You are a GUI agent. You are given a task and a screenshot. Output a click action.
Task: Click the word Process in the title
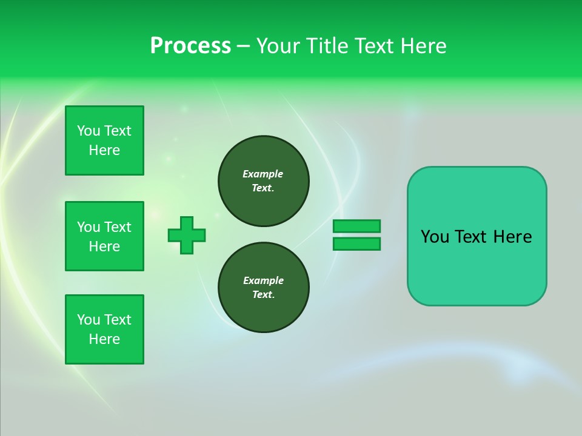[x=190, y=46]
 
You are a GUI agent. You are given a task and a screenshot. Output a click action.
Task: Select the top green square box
[x=104, y=140]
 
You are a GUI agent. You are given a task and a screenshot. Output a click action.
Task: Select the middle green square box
[x=104, y=236]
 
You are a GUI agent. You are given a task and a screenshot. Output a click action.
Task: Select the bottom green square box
[x=104, y=329]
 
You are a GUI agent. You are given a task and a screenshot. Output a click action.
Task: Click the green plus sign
[x=187, y=235]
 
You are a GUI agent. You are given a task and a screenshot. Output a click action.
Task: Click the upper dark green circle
[x=264, y=181]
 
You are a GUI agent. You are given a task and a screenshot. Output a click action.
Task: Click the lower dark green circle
[x=264, y=288]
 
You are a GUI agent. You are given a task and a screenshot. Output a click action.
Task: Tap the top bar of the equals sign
[x=356, y=226]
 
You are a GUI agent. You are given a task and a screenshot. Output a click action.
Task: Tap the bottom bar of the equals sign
[x=356, y=243]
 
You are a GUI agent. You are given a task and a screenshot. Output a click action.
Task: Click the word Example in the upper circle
[x=263, y=174]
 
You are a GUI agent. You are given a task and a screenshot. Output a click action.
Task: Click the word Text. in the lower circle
[x=263, y=294]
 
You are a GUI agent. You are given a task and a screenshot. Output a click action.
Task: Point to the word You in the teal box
[x=435, y=237]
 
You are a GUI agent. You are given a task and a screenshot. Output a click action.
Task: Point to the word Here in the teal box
[x=512, y=237]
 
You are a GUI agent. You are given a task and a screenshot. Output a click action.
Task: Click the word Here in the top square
[x=104, y=150]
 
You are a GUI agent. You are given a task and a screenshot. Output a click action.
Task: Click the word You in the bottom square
[x=89, y=320]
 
